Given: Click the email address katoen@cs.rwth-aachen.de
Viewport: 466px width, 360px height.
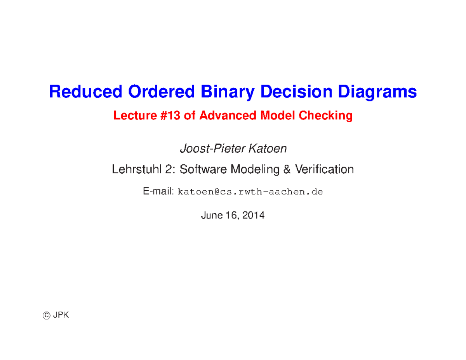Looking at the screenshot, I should coord(250,192).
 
